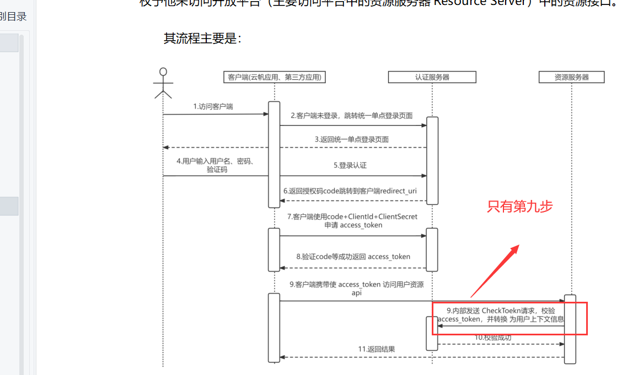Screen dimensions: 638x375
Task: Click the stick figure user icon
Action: coord(163,83)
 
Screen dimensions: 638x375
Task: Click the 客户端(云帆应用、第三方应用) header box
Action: coord(274,77)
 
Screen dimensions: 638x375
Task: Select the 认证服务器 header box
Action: coord(432,77)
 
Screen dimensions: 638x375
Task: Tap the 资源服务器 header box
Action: coord(571,77)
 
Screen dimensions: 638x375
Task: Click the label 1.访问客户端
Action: coord(213,106)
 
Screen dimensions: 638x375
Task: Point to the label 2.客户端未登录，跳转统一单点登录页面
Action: coord(352,116)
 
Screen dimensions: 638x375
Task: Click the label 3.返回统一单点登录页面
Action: coord(352,139)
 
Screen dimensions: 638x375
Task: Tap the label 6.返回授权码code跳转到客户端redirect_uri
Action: coord(350,191)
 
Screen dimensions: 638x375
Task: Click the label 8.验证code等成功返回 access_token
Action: coord(353,257)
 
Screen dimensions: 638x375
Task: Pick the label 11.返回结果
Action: coord(377,349)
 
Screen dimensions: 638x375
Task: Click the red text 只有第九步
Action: coord(519,206)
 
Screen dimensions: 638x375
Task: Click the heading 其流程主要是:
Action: coord(202,39)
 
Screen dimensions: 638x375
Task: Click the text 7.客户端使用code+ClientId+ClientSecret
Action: coord(352,216)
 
